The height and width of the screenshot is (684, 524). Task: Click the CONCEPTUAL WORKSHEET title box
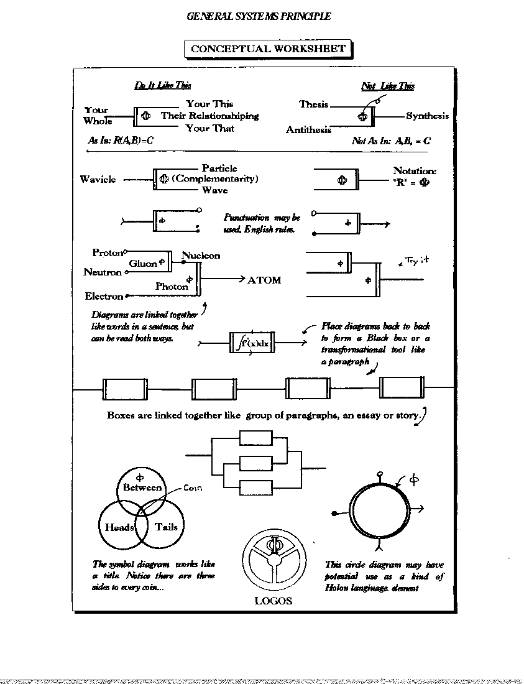tap(268, 49)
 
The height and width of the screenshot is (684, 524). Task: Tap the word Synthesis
tap(427, 116)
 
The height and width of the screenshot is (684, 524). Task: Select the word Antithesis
tap(308, 130)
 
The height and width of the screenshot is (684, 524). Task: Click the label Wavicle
tap(98, 179)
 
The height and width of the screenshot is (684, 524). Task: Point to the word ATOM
tap(264, 280)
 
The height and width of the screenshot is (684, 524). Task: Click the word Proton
tap(108, 252)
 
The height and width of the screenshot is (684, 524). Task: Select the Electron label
tap(104, 297)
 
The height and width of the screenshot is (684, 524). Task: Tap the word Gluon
tap(143, 264)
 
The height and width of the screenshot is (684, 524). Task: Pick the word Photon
tap(172, 287)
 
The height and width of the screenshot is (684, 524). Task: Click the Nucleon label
tap(201, 256)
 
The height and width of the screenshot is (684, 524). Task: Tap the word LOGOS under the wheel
tap(273, 601)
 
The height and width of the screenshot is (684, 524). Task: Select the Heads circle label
tap(119, 527)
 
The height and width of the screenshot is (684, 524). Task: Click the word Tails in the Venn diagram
tap(166, 527)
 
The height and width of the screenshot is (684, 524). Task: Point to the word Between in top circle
tap(142, 488)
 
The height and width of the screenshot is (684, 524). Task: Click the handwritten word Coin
tap(193, 488)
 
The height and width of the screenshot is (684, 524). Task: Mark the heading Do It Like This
tap(163, 86)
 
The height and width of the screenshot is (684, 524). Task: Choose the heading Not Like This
tap(388, 86)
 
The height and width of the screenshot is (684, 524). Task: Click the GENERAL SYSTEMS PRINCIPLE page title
tap(259, 17)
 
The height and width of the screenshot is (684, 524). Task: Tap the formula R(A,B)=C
tap(134, 141)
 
